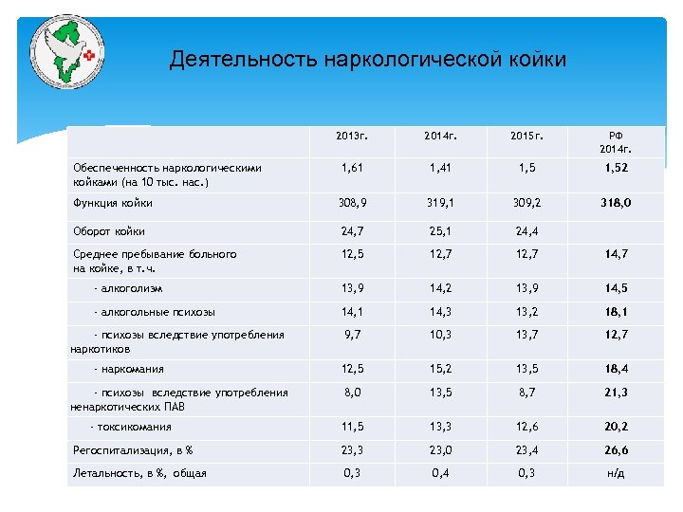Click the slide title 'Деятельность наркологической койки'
[367, 60]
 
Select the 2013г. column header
[351, 137]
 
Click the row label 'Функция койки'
[113, 202]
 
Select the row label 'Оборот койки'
[109, 229]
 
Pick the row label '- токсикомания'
[134, 427]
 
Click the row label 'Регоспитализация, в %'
[134, 450]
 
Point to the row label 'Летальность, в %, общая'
[139, 473]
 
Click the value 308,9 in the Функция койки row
[352, 202]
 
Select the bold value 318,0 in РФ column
[616, 202]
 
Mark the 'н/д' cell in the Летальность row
[616, 473]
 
